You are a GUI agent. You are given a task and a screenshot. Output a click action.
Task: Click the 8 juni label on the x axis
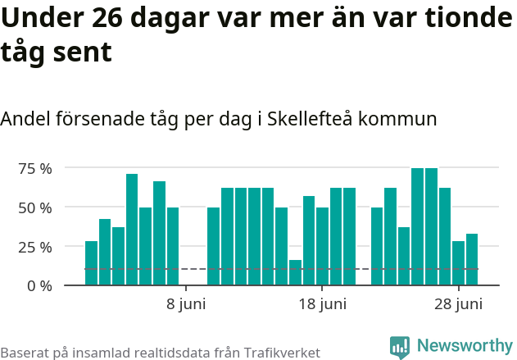(186, 305)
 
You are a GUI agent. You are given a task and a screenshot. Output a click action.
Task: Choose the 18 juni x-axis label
(322, 305)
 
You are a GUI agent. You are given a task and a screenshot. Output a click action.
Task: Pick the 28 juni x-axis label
(458, 305)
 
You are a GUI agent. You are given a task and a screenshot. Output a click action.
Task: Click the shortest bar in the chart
(295, 272)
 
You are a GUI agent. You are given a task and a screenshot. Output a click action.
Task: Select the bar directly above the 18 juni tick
(322, 246)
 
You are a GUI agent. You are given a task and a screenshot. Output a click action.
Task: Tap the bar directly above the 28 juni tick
(458, 262)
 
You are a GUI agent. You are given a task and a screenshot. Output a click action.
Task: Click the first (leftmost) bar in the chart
(91, 262)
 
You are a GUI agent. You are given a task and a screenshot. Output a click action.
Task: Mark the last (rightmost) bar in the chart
(472, 259)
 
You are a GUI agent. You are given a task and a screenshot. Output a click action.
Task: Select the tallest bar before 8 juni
(132, 230)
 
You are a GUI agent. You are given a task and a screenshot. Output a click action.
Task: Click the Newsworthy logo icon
(400, 347)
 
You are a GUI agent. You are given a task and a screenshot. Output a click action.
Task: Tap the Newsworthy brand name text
(464, 346)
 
